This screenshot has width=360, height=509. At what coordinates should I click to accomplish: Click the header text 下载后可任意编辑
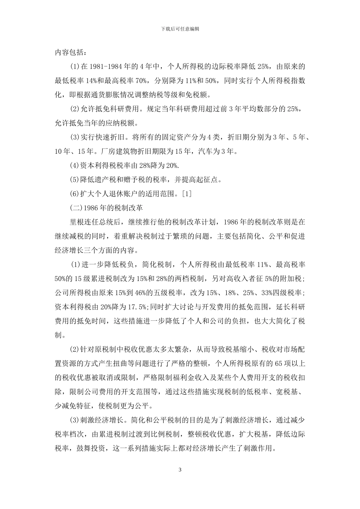[x=180, y=29]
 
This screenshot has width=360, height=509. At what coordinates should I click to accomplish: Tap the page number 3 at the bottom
[x=180, y=470]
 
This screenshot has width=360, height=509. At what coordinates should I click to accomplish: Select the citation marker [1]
[x=187, y=194]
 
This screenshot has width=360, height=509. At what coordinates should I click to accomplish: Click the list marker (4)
[x=74, y=166]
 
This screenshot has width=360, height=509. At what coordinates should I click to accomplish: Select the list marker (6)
[x=74, y=194]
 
